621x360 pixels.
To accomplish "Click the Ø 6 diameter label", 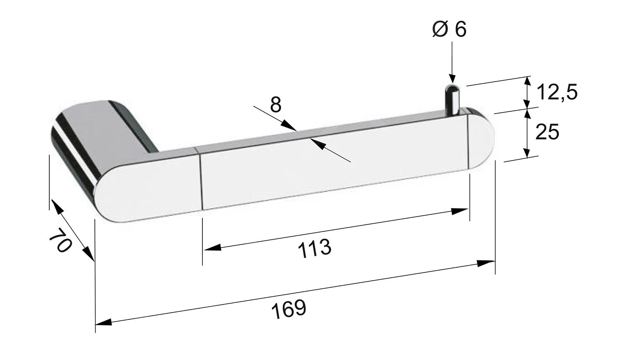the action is point(449,29).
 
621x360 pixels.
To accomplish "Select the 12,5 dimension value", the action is point(557,92).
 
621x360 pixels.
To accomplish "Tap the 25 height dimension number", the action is point(547,132).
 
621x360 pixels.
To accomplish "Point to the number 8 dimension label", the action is point(276,104).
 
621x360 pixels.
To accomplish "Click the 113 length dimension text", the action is point(314,248).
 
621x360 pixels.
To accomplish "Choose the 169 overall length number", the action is point(289,308).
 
